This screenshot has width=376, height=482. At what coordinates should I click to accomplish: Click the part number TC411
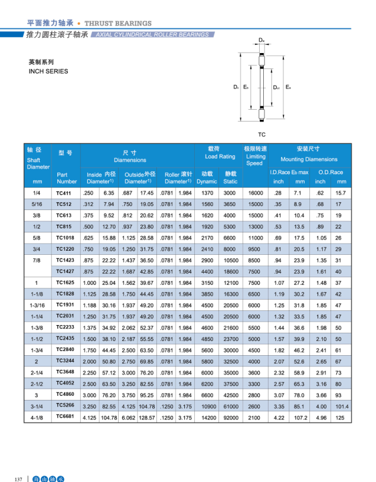[63, 194]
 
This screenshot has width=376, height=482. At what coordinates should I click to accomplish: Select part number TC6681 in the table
[65, 417]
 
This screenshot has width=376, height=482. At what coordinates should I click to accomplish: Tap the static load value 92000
[230, 417]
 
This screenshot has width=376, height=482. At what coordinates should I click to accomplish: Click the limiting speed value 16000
[255, 194]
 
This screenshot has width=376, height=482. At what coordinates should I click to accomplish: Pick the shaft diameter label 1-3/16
[37, 305]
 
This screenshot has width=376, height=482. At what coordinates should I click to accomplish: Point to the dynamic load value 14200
[207, 417]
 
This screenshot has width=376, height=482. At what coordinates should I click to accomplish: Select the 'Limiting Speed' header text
[255, 156]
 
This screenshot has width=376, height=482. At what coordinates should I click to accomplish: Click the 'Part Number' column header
[67, 178]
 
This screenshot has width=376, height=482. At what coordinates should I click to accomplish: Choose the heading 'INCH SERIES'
[48, 71]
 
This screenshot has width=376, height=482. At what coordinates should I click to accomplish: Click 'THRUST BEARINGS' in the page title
[118, 23]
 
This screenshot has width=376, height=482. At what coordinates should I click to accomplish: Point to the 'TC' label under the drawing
[261, 135]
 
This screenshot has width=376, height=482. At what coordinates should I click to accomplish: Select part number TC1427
[65, 271]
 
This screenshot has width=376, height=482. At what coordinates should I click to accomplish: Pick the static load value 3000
[230, 194]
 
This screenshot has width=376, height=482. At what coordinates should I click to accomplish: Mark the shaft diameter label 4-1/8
[37, 417]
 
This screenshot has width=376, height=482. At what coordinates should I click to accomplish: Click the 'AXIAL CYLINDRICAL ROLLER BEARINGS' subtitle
[152, 35]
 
